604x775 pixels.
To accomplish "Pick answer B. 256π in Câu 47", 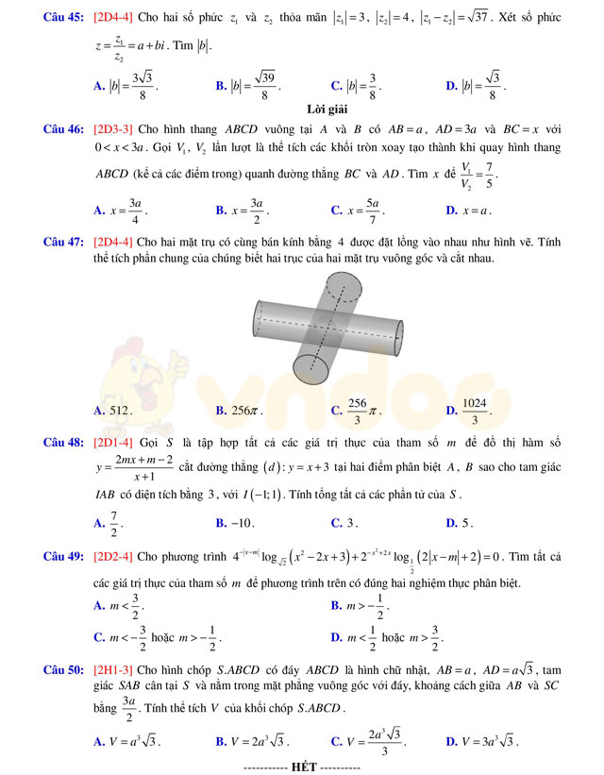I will [240, 411].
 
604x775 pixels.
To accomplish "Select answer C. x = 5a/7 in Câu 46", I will [358, 210].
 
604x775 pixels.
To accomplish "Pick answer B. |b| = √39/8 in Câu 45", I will [248, 86].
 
